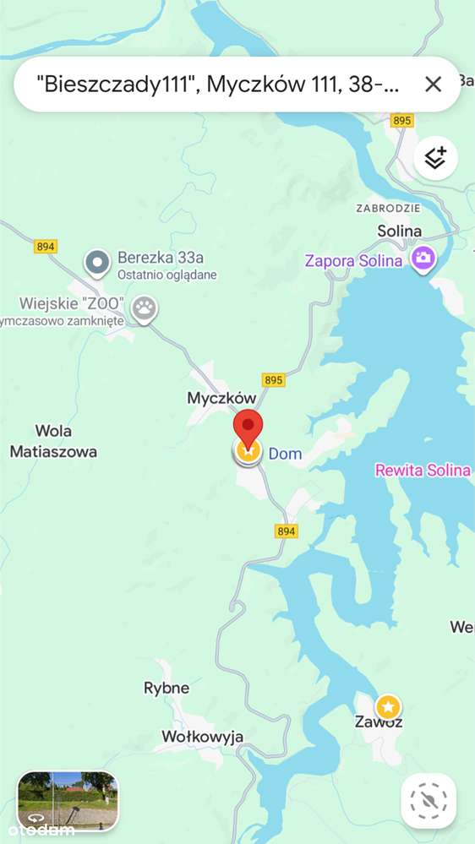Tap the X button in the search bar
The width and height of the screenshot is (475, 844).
433,84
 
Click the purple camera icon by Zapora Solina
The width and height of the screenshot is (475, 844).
423,259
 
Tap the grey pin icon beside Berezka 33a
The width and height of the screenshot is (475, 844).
98,264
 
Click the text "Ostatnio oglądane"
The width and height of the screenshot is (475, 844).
167,275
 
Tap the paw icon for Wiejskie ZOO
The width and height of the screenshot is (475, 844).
145,309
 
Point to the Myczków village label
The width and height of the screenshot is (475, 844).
221,397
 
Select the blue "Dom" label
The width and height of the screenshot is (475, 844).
285,454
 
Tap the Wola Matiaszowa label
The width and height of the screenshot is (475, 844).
53,441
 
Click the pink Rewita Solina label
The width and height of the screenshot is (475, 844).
422,471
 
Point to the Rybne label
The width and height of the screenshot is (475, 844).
167,688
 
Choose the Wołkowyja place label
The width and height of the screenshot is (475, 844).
203,737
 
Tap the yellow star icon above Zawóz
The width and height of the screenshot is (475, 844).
388,705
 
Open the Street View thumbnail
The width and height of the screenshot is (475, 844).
68,799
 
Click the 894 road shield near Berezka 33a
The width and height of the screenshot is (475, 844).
46,246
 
